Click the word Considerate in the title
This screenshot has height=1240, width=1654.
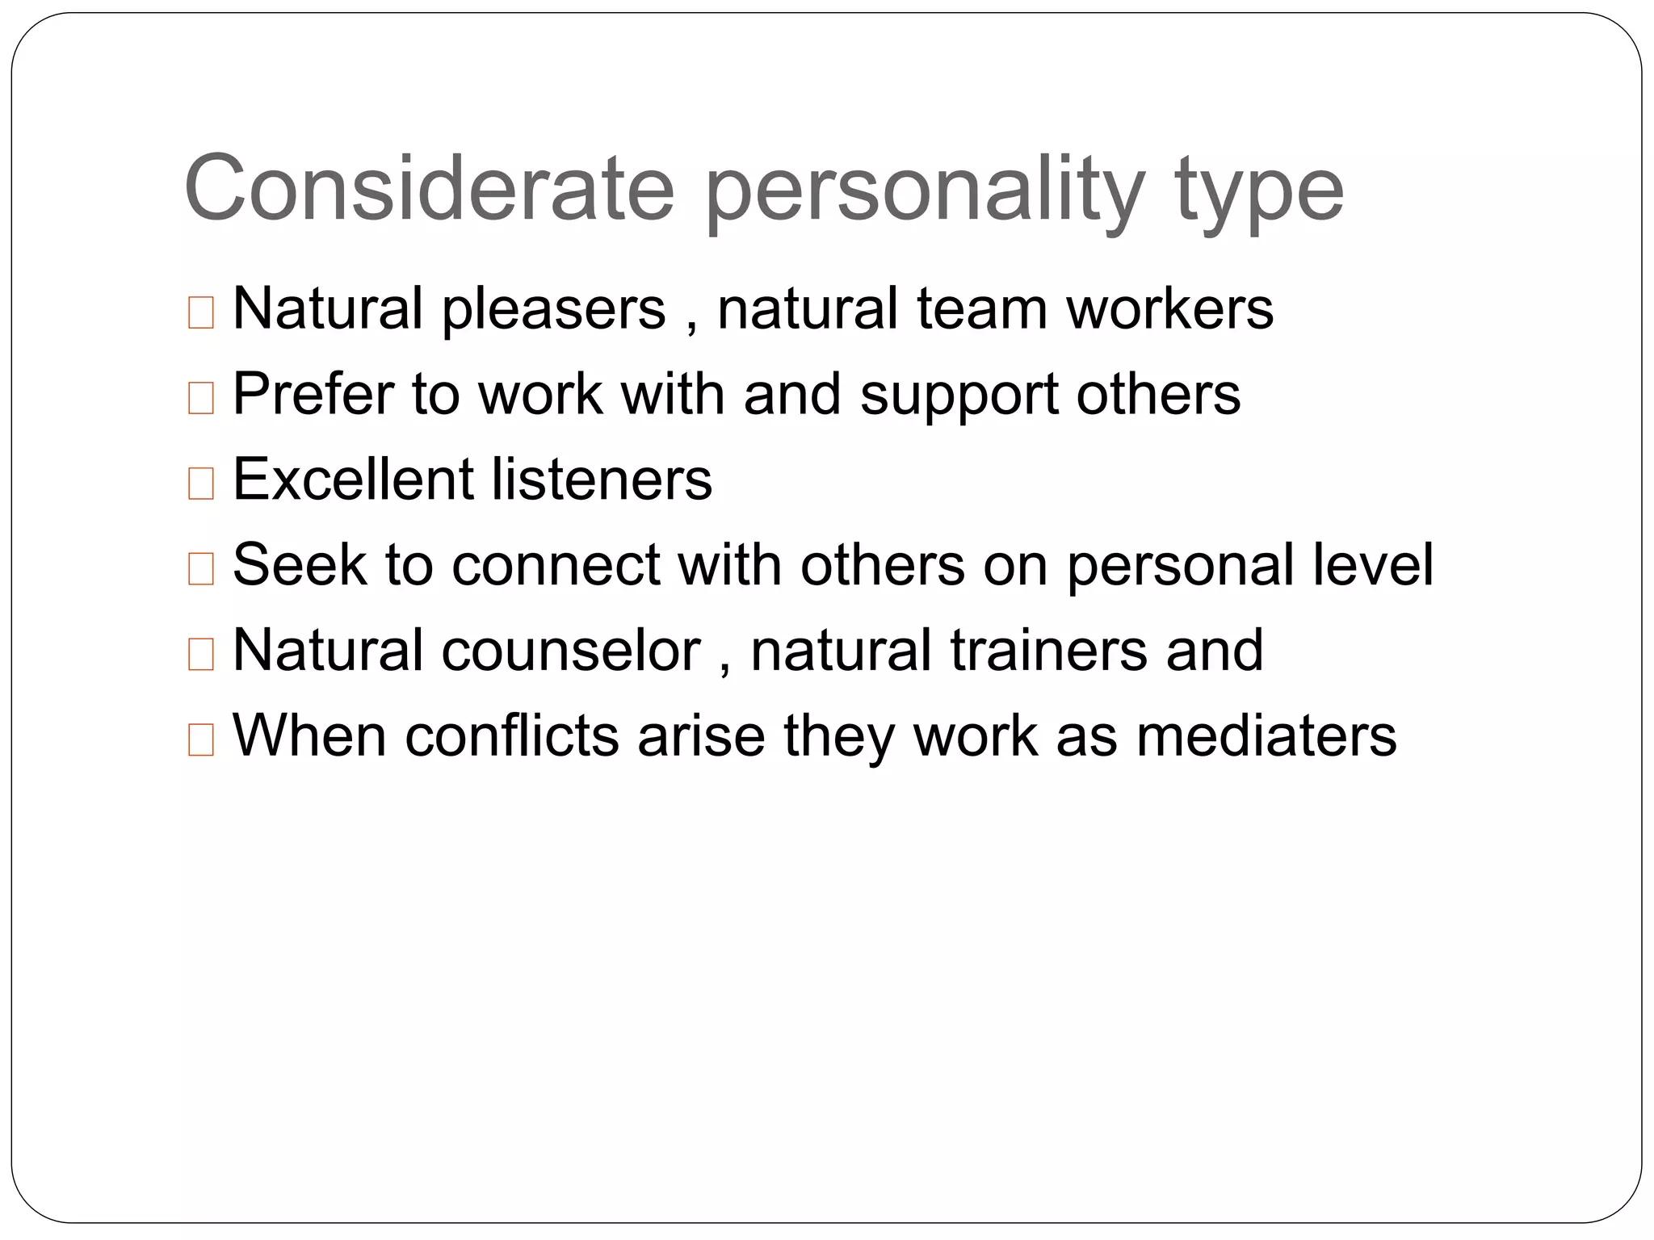coord(429,189)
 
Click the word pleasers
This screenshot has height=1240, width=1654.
coord(554,310)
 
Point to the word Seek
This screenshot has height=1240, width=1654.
coord(299,564)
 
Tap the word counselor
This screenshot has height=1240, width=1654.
coord(571,650)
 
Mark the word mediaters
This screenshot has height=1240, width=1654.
coord(1266,735)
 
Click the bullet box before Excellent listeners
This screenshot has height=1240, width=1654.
coord(200,484)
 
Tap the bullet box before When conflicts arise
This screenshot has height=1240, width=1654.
coord(200,739)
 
